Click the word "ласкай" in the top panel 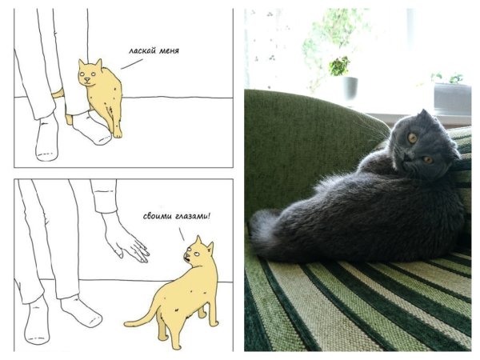(142, 50)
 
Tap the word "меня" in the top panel (169, 51)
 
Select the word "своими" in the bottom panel (157, 217)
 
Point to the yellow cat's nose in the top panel (87, 79)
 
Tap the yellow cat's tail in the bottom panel (142, 318)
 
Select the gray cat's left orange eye (412, 138)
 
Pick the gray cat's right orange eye (428, 159)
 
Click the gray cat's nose (407, 158)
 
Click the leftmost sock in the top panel (47, 139)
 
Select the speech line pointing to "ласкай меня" (132, 64)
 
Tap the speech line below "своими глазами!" (182, 234)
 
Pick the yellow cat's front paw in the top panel (118, 134)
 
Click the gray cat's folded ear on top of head (425, 114)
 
